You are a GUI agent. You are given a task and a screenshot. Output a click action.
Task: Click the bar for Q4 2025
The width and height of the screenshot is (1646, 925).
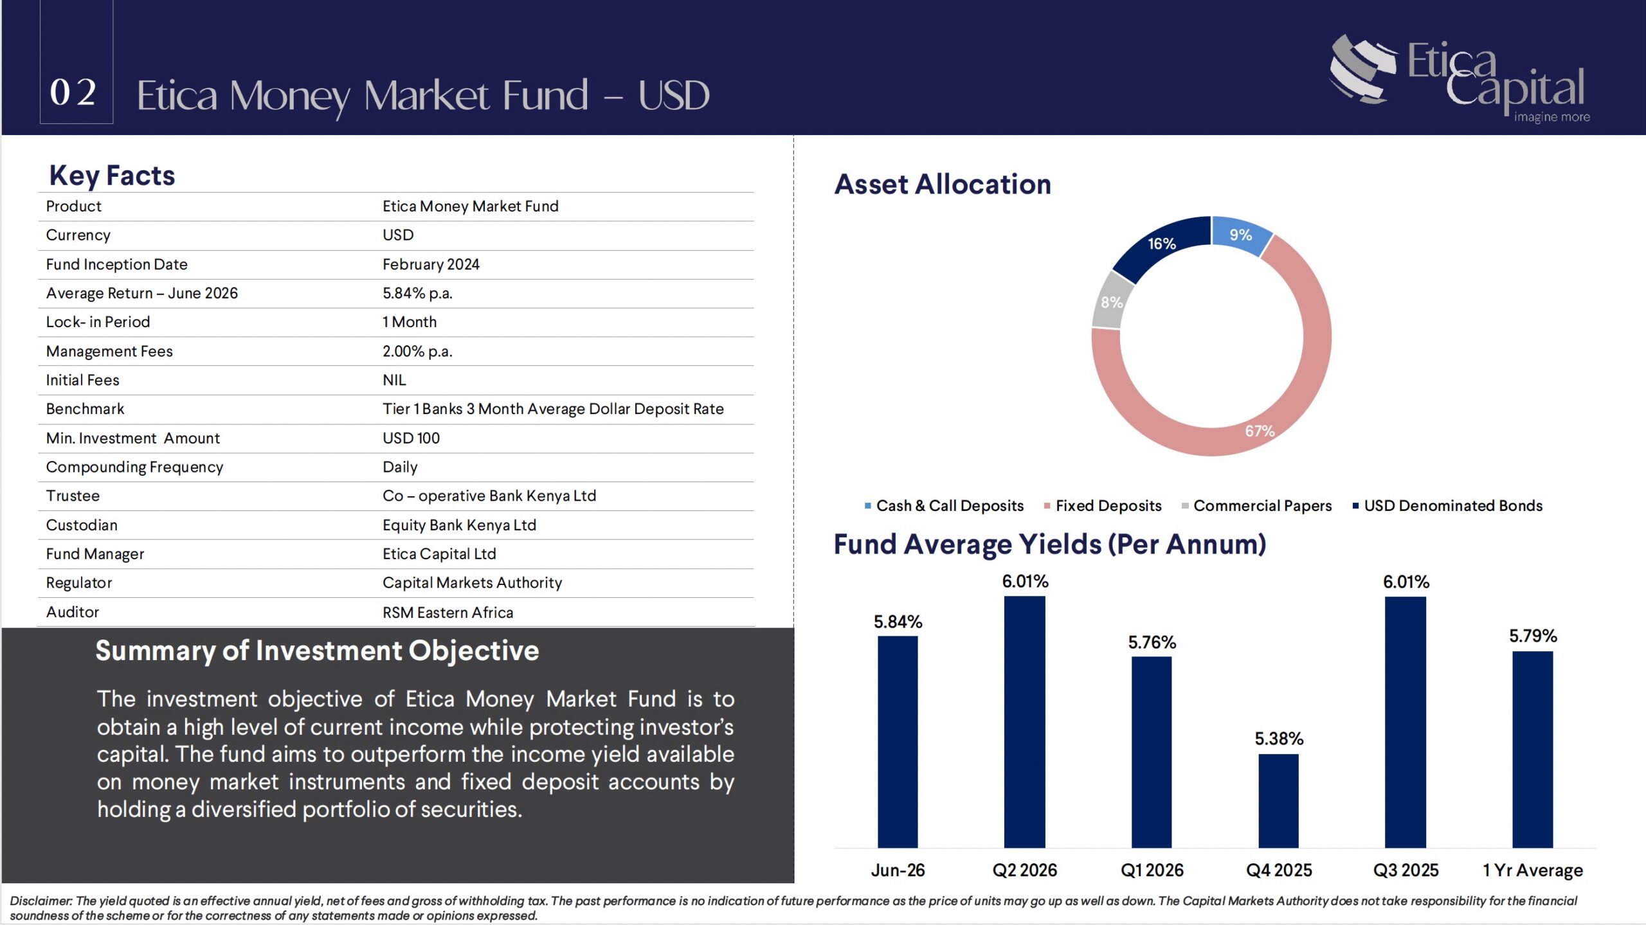pyautogui.click(x=1278, y=800)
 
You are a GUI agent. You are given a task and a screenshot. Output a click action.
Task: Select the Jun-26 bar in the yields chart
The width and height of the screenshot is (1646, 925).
pyautogui.click(x=898, y=741)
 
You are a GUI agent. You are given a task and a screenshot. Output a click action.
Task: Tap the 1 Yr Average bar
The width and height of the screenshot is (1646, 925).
pyautogui.click(x=1532, y=749)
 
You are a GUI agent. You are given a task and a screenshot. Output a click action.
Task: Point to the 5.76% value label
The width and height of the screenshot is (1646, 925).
pyautogui.click(x=1152, y=642)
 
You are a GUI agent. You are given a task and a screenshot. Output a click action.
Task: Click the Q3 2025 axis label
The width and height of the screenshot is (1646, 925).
pyautogui.click(x=1406, y=870)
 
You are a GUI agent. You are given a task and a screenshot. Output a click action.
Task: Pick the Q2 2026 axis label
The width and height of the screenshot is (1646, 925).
pyautogui.click(x=1024, y=870)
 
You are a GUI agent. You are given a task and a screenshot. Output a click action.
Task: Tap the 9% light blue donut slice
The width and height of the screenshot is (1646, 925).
pyautogui.click(x=1241, y=235)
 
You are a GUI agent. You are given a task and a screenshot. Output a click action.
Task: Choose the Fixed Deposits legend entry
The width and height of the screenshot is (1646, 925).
pyautogui.click(x=1103, y=506)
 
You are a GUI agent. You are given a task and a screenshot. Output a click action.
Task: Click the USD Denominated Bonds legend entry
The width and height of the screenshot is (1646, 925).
pyautogui.click(x=1447, y=506)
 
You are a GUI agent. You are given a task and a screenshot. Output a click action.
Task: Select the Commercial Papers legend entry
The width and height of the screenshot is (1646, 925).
pyautogui.click(x=1256, y=506)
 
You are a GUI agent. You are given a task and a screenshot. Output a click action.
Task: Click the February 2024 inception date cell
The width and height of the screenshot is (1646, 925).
pyautogui.click(x=431, y=264)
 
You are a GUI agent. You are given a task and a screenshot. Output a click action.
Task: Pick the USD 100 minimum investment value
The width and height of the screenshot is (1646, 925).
pyautogui.click(x=411, y=438)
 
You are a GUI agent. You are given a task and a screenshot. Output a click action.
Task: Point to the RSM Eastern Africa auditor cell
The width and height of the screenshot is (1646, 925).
pyautogui.click(x=448, y=613)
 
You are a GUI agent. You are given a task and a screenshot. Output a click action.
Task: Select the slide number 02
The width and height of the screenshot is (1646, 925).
pyautogui.click(x=74, y=93)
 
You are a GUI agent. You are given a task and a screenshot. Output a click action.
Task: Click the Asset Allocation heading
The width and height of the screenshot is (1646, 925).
pyautogui.click(x=943, y=184)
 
